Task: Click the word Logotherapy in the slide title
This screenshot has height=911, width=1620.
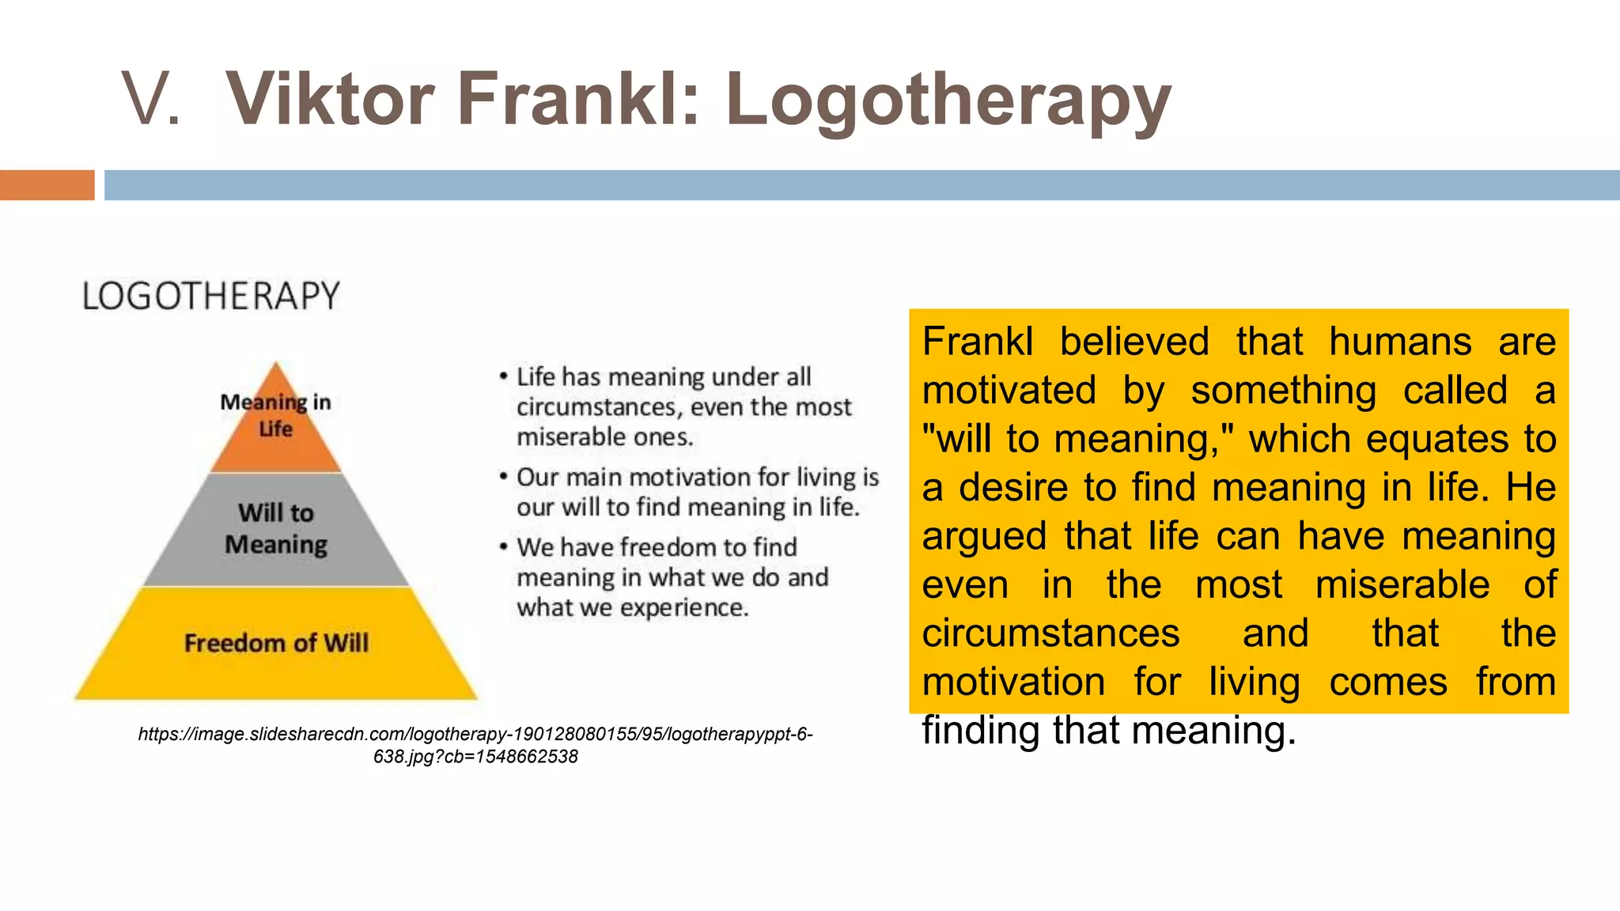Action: pos(948,100)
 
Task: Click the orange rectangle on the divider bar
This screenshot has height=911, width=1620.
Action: pos(47,185)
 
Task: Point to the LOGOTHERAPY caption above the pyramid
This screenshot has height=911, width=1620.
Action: pos(211,297)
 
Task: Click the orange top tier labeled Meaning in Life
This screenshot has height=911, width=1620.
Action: pos(275,431)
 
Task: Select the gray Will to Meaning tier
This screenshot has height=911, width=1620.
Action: pos(275,529)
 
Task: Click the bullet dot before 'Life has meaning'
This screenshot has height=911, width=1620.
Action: pos(503,376)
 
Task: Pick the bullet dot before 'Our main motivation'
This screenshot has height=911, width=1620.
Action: pos(503,477)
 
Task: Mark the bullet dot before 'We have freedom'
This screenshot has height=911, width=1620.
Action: pos(503,546)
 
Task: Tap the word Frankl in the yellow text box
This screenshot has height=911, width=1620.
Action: pos(978,342)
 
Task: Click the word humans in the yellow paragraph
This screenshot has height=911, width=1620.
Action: pos(1400,342)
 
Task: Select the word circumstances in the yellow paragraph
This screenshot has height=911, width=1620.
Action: pos(1050,633)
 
